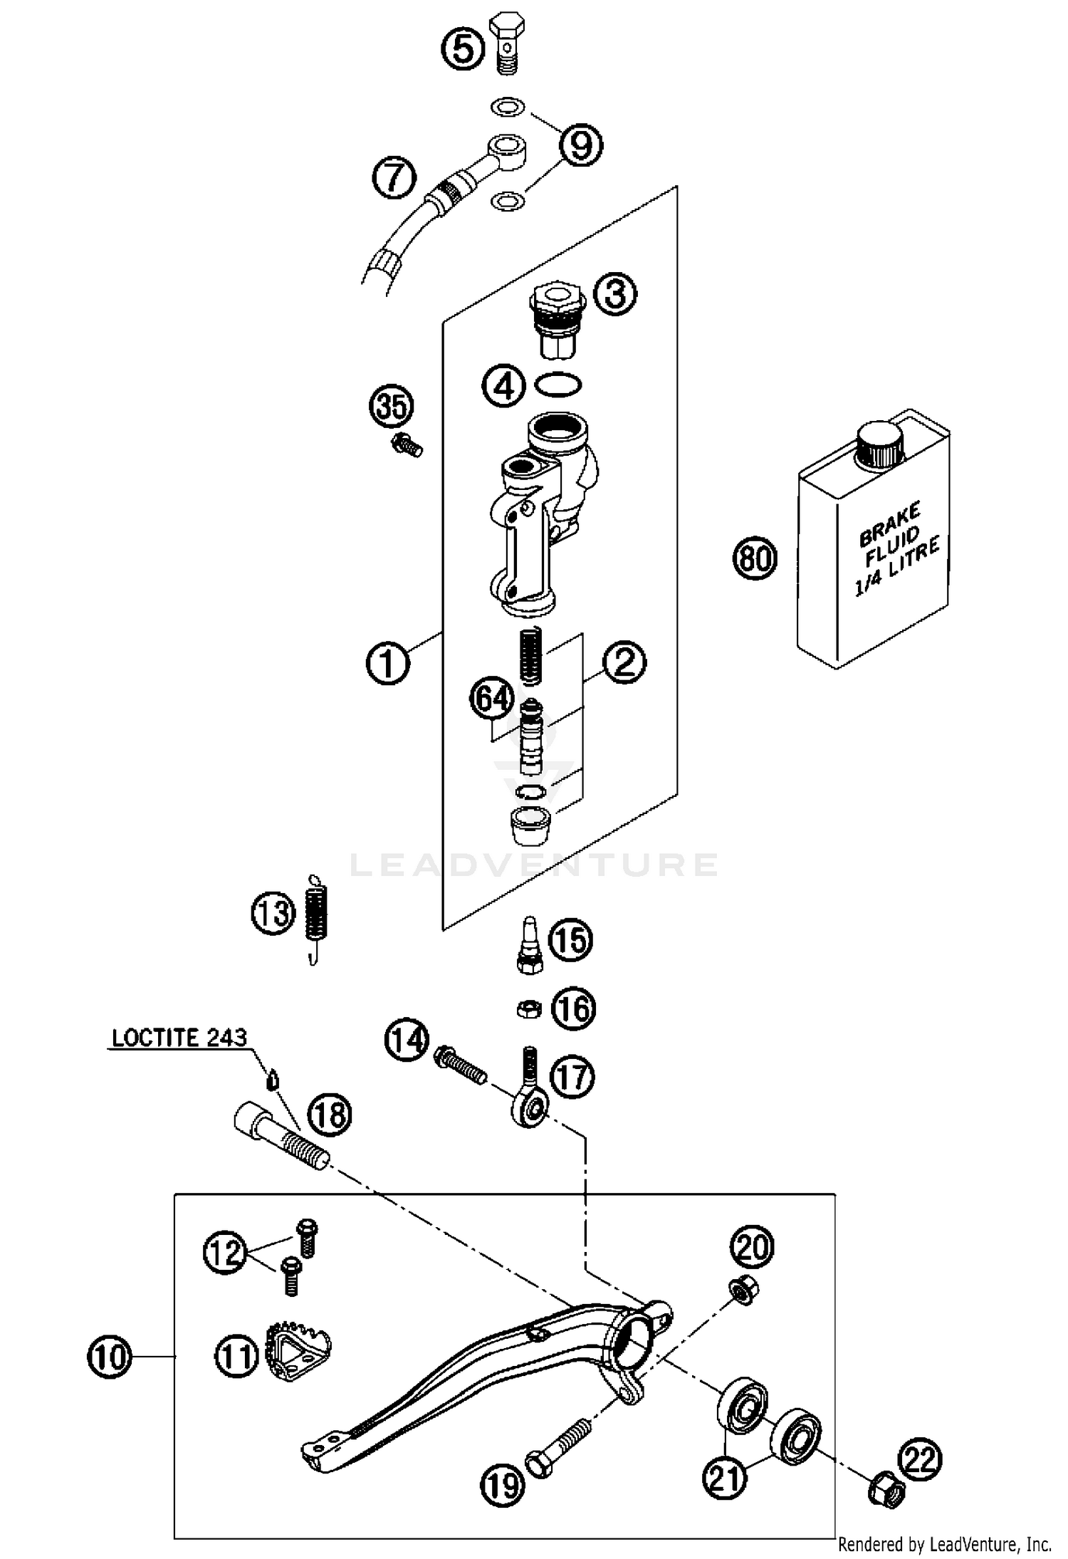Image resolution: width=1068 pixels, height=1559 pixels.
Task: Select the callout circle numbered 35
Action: coord(392,407)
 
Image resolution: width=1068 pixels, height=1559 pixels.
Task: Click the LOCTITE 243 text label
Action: coord(179,1038)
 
